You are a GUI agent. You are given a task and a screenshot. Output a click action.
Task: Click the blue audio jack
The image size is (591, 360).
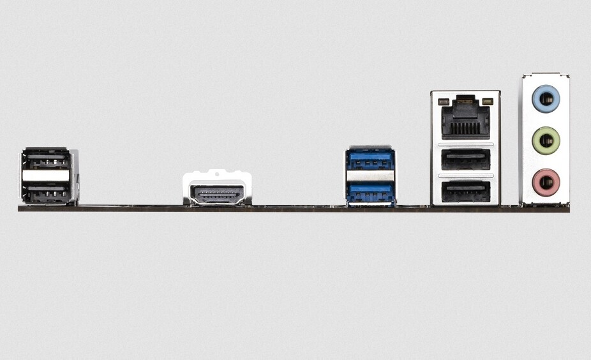(546, 99)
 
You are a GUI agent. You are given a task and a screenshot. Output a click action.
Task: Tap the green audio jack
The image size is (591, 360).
(546, 140)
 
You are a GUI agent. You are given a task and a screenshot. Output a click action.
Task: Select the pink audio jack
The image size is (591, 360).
(546, 183)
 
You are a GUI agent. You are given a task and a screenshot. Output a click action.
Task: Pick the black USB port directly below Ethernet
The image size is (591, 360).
(465, 160)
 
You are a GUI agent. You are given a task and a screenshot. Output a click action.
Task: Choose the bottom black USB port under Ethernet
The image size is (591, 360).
(465, 191)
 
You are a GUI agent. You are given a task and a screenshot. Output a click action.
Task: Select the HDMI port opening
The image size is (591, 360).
(217, 194)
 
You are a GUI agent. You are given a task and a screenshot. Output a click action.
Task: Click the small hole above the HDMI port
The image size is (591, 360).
(217, 172)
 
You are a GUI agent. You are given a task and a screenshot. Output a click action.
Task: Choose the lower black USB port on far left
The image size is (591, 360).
(45, 192)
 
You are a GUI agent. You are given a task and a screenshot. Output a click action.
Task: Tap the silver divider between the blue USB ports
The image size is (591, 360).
(370, 176)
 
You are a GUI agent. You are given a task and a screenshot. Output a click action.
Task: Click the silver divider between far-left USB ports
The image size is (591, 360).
(45, 176)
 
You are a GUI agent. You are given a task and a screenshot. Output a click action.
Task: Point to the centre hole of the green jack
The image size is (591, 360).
(546, 140)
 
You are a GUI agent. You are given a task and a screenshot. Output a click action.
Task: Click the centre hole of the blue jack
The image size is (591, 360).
(546, 99)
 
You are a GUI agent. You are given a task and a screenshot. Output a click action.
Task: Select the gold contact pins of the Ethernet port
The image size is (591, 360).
(465, 127)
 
